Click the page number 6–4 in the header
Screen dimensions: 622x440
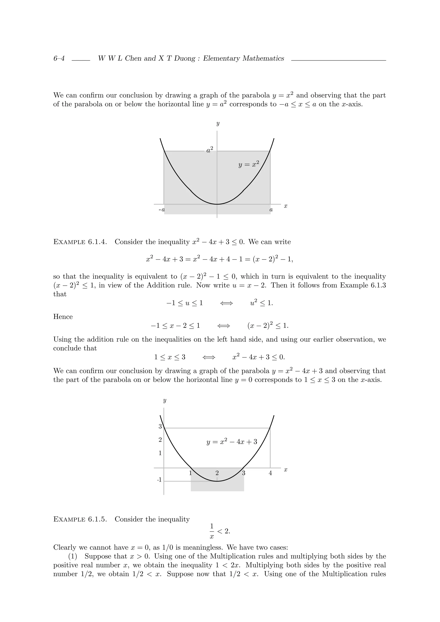tap(59, 59)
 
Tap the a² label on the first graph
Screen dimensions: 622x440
tap(209, 150)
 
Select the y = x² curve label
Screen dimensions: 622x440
tap(248, 164)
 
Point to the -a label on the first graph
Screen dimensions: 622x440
tap(162, 210)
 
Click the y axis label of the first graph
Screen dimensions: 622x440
tap(217, 124)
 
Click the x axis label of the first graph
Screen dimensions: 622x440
tap(286, 206)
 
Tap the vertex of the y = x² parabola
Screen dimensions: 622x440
tap(217, 204)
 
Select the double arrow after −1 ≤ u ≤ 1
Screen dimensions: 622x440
tap(226, 303)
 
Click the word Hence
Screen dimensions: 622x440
tap(63, 317)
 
